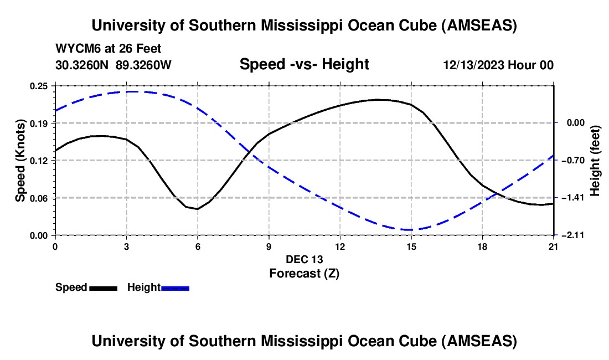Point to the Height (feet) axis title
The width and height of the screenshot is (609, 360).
coord(595,161)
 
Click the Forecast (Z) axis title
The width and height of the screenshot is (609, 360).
coord(304,273)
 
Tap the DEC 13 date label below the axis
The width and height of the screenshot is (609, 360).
coord(304,259)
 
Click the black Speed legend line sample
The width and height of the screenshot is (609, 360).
coord(103,288)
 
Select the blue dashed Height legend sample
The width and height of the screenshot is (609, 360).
coord(175,288)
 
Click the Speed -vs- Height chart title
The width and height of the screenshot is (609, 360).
coord(304,64)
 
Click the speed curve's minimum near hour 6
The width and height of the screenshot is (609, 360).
coord(197,209)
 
